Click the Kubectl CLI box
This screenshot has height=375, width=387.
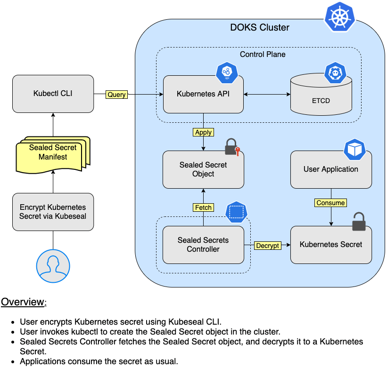53,94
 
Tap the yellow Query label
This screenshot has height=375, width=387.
116,95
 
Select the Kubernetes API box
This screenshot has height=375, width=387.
203,95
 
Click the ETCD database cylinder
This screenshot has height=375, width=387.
321,95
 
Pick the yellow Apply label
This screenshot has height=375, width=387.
203,132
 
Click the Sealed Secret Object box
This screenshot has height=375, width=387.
203,169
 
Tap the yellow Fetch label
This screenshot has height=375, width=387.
203,207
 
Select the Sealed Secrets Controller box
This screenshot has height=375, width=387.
203,245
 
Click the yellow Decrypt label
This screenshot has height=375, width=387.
268,246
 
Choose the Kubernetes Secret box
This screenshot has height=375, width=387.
331,245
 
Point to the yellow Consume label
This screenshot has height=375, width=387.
330,203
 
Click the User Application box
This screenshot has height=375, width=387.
331,169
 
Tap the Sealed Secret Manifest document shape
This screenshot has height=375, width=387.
53,155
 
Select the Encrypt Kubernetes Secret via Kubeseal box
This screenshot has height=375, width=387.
53,212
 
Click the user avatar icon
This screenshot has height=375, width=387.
53,266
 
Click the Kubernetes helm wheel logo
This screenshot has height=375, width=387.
339,17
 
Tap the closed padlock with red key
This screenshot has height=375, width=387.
232,147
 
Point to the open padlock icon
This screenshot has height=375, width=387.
359,222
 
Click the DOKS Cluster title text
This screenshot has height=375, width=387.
260,27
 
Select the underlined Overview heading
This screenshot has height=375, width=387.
24,302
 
